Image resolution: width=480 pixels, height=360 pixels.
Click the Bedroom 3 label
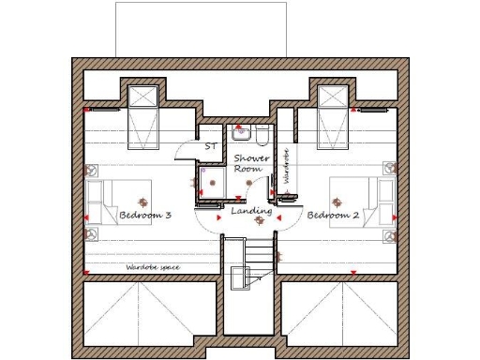tap(144, 216)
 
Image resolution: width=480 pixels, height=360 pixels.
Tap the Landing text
tap(251, 213)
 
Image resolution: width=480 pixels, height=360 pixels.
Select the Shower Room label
tap(251, 163)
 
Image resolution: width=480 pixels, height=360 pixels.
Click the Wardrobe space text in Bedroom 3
tap(152, 267)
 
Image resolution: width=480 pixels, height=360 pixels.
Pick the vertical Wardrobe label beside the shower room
tap(286, 167)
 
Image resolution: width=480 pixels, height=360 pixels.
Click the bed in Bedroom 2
tap(360, 201)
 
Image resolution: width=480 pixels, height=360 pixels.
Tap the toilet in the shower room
tap(262, 132)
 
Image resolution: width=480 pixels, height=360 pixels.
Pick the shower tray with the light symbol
tap(213, 183)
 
